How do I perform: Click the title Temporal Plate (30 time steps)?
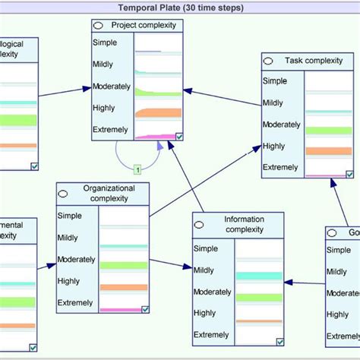(x=181, y=7)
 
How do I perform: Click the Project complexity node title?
(x=143, y=25)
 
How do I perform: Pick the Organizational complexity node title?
(x=109, y=193)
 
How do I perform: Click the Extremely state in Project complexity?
(x=110, y=130)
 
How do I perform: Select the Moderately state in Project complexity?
(x=112, y=86)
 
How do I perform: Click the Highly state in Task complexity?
(x=274, y=146)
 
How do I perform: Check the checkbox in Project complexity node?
(x=178, y=136)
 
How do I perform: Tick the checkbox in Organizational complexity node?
(x=145, y=308)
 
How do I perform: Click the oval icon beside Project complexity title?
(x=99, y=26)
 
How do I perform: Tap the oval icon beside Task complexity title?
(x=269, y=60)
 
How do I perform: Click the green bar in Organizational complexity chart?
(x=122, y=265)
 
